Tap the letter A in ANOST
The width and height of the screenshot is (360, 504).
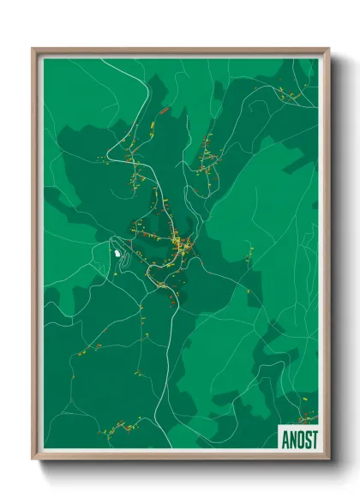click(x=285, y=438)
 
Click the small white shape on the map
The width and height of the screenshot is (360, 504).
click(x=117, y=253)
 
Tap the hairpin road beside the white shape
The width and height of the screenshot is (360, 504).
click(x=126, y=258)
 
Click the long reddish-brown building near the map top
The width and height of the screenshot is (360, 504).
click(x=163, y=111)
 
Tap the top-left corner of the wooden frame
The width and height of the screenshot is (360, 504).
click(x=33, y=49)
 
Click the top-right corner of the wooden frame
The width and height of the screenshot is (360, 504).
click(x=328, y=49)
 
